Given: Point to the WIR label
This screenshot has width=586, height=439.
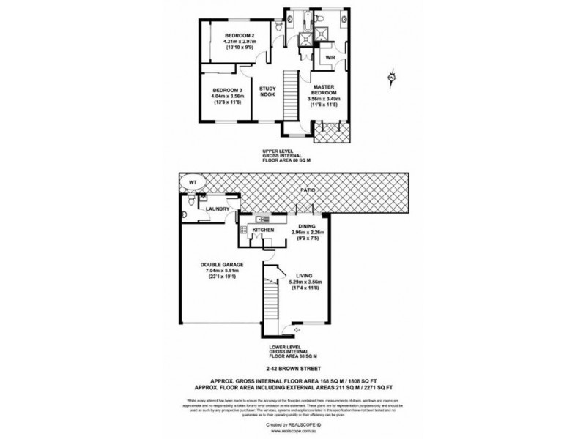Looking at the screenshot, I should (x=330, y=57).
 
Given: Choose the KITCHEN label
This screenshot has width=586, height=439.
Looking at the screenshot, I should (x=263, y=230).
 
